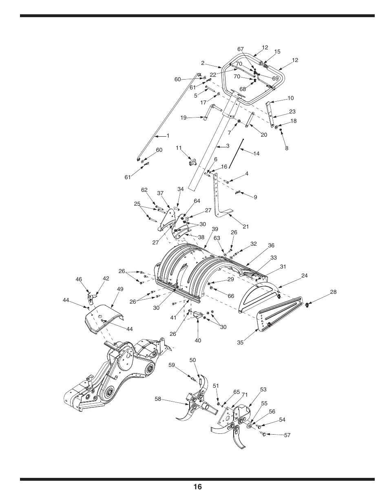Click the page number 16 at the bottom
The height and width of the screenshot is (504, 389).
pyautogui.click(x=197, y=486)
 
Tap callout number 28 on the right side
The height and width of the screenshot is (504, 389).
pyautogui.click(x=334, y=292)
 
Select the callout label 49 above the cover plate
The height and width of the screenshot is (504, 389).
pyautogui.click(x=120, y=289)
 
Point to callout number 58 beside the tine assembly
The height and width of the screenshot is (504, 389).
pyautogui.click(x=158, y=398)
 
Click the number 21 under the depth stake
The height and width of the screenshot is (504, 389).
pyautogui.click(x=245, y=226)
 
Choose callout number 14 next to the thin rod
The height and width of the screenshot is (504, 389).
pyautogui.click(x=256, y=154)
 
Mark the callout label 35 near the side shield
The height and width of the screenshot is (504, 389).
pyautogui.click(x=240, y=342)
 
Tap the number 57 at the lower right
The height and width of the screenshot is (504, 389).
pyautogui.click(x=287, y=435)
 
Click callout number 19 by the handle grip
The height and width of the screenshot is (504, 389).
pyautogui.click(x=183, y=118)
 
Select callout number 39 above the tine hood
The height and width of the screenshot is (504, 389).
pyautogui.click(x=215, y=229)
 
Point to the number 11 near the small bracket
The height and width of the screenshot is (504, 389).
pyautogui.click(x=178, y=148)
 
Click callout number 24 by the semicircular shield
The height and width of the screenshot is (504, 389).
pyautogui.click(x=304, y=276)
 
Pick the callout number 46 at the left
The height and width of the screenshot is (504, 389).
pyautogui.click(x=79, y=280)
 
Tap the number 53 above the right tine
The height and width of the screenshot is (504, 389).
pyautogui.click(x=263, y=390)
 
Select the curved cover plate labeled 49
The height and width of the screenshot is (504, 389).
pyautogui.click(x=102, y=318)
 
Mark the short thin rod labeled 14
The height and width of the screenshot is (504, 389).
pyautogui.click(x=236, y=153)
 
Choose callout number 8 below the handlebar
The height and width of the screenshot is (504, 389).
pyautogui.click(x=287, y=149)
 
